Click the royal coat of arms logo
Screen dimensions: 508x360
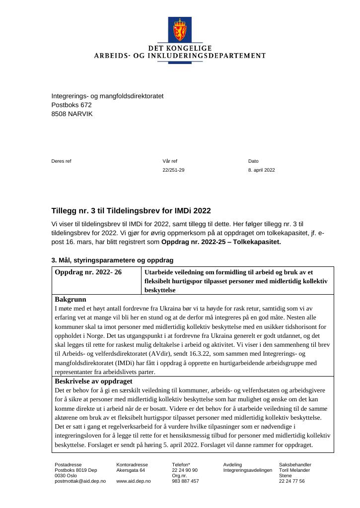tap(180, 30)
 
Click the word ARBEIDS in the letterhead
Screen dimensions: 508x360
tap(110, 56)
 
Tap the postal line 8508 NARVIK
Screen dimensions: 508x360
tap(72, 114)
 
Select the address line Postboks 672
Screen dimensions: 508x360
tap(72, 105)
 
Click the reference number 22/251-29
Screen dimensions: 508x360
tap(173, 170)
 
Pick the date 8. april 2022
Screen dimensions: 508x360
tap(262, 170)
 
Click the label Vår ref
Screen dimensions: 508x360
tap(170, 161)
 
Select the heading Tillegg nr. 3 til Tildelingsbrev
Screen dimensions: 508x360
tap(131, 211)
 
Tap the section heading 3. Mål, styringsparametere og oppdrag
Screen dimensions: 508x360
tap(112, 260)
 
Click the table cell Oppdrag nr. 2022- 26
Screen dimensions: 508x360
tap(88, 272)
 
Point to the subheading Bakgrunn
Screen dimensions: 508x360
tap(71, 299)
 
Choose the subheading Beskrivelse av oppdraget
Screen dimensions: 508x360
tap(93, 381)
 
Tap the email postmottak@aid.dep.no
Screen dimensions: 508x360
tap(80, 481)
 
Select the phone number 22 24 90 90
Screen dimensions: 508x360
tap(185, 470)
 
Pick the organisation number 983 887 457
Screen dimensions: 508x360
tap(186, 481)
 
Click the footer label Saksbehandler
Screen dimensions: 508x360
tap(295, 464)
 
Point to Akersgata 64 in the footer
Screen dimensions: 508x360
tap(131, 470)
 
